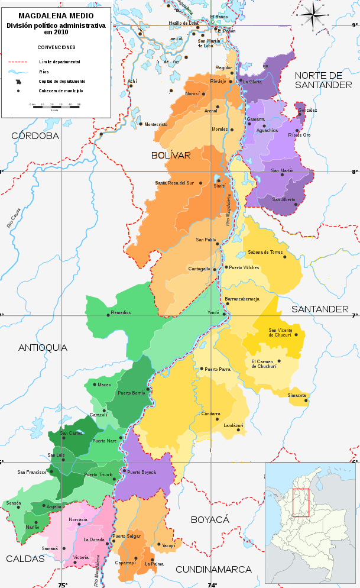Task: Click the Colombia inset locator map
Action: (311, 524)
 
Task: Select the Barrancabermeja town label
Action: (242, 299)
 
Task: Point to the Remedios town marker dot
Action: (108, 315)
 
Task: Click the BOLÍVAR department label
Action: (171, 155)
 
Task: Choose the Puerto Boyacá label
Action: (142, 472)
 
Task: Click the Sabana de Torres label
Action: (265, 252)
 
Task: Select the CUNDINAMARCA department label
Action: (213, 569)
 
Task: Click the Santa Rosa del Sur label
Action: (174, 183)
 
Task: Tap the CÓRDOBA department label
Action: (35, 135)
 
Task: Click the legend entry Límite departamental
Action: (60, 62)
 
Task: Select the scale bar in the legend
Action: (54, 106)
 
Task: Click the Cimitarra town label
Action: (210, 413)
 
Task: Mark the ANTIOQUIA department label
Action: (43, 347)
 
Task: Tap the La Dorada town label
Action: (93, 539)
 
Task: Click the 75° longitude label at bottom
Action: (63, 585)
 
